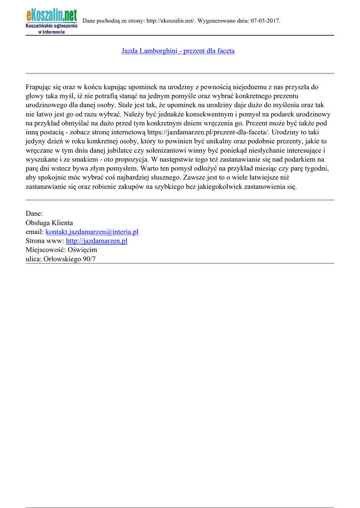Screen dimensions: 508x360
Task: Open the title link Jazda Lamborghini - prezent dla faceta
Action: tap(178, 51)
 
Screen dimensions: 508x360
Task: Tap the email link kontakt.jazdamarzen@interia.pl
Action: tap(92, 232)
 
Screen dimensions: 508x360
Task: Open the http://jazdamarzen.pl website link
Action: tap(96, 241)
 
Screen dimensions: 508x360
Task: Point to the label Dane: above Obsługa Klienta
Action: tap(34, 214)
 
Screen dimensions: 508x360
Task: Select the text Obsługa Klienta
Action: tap(49, 223)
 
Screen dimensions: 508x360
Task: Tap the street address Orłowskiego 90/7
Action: tap(70, 258)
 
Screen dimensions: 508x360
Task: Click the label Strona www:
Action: tap(45, 241)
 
